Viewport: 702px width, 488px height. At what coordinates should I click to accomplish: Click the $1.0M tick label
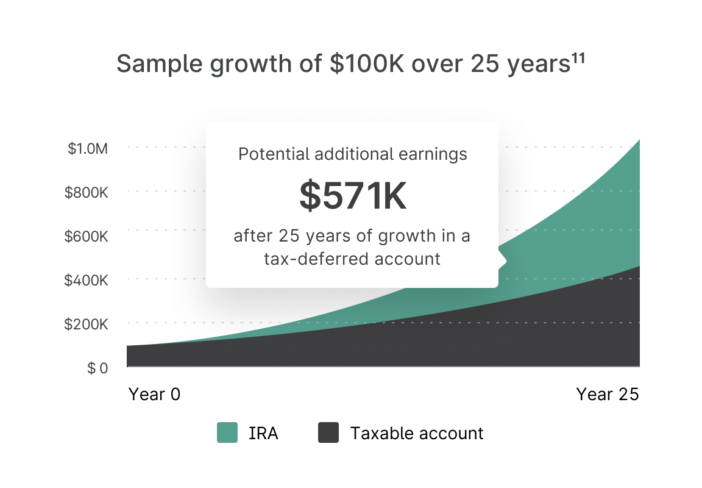click(88, 148)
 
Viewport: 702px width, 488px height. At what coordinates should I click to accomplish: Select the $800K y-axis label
click(87, 192)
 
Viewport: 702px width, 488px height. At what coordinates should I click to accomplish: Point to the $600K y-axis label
click(87, 236)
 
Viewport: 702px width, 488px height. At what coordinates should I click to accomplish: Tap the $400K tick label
click(87, 280)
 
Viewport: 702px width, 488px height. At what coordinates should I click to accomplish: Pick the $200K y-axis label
click(87, 324)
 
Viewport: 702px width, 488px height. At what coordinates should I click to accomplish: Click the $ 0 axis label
click(97, 368)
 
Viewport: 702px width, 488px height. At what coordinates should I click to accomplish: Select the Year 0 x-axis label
click(154, 394)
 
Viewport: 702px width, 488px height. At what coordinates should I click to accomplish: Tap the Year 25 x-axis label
click(608, 394)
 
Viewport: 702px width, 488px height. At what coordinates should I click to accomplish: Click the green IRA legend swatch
click(227, 432)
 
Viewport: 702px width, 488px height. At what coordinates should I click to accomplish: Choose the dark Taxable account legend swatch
click(328, 432)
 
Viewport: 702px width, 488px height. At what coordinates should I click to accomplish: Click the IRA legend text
click(263, 433)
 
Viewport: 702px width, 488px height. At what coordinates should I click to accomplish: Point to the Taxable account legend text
click(417, 433)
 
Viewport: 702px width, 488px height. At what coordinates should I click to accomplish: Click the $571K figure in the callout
click(353, 195)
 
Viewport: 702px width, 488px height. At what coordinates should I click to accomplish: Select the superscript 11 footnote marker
click(578, 59)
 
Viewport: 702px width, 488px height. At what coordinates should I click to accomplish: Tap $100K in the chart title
click(367, 63)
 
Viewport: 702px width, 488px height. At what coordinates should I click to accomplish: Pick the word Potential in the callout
click(274, 154)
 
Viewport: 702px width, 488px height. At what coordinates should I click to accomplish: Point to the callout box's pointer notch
click(502, 260)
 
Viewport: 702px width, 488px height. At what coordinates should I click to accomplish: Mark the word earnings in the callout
click(433, 155)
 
